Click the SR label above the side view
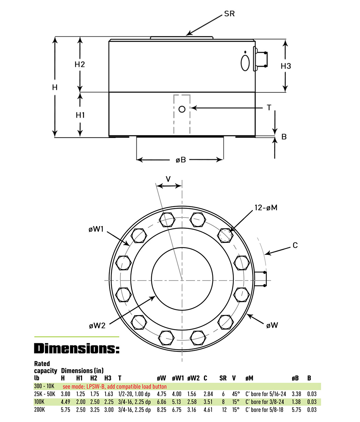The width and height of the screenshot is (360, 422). click(229, 14)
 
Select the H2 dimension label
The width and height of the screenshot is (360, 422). click(80, 64)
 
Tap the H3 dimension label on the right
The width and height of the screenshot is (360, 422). click(286, 66)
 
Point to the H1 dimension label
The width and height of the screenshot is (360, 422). click(80, 115)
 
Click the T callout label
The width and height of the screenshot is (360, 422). click(269, 108)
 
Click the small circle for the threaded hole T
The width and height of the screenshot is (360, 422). click(182, 109)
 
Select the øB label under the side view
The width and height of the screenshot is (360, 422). click(181, 160)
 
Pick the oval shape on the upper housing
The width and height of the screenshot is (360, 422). click(245, 63)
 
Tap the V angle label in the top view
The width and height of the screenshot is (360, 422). click(168, 179)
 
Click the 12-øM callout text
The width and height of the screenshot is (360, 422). click(266, 207)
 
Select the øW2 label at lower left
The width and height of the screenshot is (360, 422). click(97, 325)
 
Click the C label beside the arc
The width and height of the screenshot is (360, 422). click(295, 245)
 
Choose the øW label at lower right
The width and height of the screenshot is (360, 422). click(272, 325)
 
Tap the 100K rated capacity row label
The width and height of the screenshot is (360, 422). click(40, 402)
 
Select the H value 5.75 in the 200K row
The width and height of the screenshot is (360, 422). click(65, 410)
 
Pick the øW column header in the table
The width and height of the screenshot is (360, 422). click(161, 378)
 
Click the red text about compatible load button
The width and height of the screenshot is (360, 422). click(115, 386)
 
